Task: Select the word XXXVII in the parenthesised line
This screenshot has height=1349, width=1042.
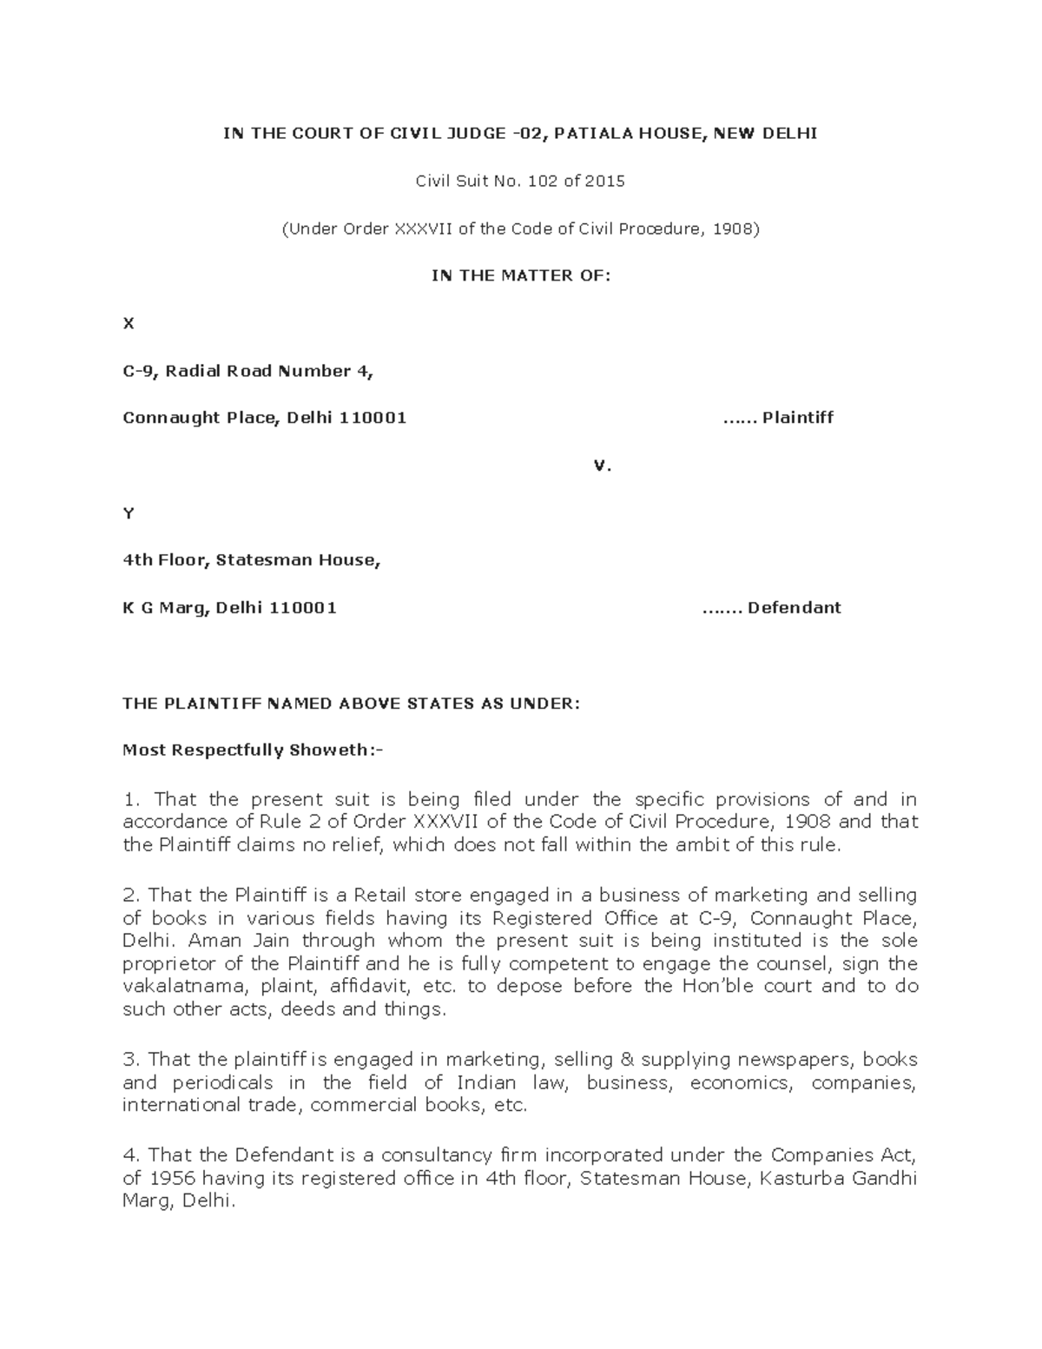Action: [425, 229]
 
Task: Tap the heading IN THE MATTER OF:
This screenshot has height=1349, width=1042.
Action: [521, 276]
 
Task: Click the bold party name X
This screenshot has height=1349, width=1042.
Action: [129, 324]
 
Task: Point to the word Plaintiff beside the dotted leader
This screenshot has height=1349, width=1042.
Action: [797, 418]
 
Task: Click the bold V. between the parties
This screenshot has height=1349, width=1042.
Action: [603, 466]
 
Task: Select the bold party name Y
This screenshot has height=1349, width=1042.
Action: [129, 513]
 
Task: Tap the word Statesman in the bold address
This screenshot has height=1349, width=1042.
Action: [252, 560]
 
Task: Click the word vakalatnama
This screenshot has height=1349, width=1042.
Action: [175, 986]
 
